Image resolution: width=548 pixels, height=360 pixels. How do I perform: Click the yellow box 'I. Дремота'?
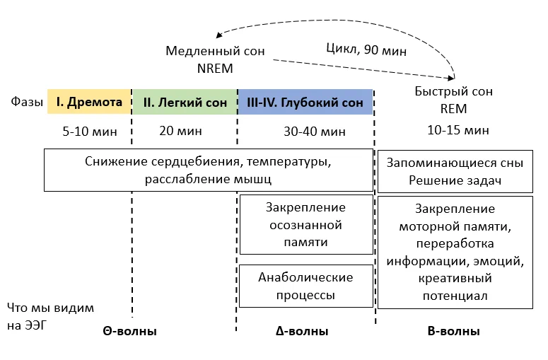pyautogui.click(x=89, y=102)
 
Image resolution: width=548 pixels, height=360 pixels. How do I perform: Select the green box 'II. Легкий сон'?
pyautogui.click(x=185, y=103)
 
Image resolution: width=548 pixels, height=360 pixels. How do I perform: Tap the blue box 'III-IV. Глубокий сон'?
pyautogui.click(x=305, y=103)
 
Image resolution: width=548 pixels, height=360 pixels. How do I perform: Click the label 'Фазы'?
pyautogui.click(x=25, y=103)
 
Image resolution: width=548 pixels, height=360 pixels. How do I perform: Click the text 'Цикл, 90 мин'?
pyautogui.click(x=366, y=50)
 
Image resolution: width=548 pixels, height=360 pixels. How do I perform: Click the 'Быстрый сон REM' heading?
pyautogui.click(x=454, y=100)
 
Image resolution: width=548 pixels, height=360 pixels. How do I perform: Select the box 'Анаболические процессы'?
pyautogui.click(x=306, y=285)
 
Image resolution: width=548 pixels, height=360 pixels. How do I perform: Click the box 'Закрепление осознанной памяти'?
pyautogui.click(x=306, y=225)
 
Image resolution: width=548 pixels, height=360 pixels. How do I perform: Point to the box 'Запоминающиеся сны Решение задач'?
pyautogui.click(x=455, y=171)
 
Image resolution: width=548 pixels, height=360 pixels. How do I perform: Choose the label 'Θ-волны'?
pyautogui.click(x=132, y=331)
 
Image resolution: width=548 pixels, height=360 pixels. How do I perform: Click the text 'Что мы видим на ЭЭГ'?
pyautogui.click(x=50, y=316)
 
